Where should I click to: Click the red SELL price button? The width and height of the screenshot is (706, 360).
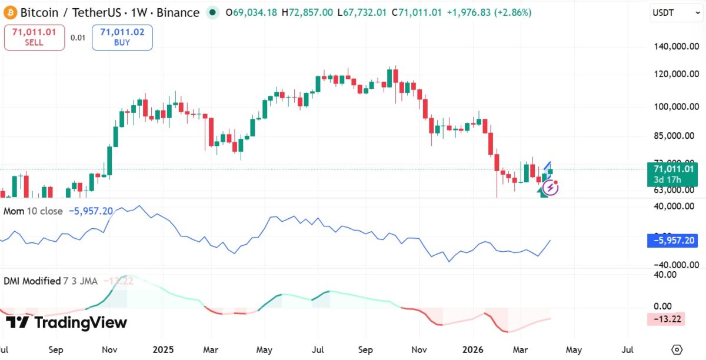[x=34, y=37]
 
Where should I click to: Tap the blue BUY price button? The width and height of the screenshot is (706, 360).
[x=122, y=37]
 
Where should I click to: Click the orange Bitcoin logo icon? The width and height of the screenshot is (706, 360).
[x=9, y=12]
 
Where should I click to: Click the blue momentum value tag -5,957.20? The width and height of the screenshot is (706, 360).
[x=675, y=240]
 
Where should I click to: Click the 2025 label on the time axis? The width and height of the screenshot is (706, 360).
[x=164, y=349]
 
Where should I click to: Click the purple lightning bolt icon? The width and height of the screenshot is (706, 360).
[x=551, y=188]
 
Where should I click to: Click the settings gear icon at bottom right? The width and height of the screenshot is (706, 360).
[x=677, y=349]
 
